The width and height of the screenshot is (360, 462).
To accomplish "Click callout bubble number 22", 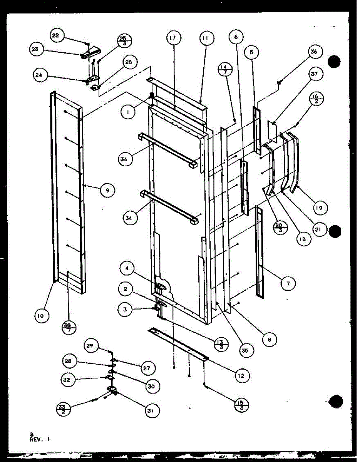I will pyautogui.click(x=56, y=35).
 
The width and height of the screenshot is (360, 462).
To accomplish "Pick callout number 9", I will pyautogui.click(x=108, y=189).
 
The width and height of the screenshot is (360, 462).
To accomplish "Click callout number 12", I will pyautogui.click(x=241, y=375).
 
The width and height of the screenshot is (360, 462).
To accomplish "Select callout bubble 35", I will pyautogui.click(x=245, y=350).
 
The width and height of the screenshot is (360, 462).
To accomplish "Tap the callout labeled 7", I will pyautogui.click(x=288, y=284).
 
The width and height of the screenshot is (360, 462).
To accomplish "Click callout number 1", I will pyautogui.click(x=127, y=112).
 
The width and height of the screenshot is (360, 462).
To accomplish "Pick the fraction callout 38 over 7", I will pyautogui.click(x=69, y=328).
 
